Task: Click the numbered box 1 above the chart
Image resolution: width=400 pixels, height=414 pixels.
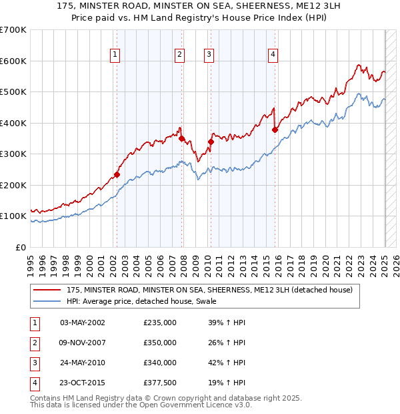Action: click(x=115, y=55)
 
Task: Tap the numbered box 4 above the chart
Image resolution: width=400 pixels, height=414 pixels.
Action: click(x=273, y=55)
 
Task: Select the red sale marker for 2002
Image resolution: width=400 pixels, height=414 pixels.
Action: click(x=117, y=174)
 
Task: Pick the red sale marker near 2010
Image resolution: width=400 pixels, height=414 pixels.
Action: click(x=211, y=142)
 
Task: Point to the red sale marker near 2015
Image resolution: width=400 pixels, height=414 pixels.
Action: click(x=275, y=130)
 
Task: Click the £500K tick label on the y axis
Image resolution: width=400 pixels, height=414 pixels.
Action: click(x=13, y=91)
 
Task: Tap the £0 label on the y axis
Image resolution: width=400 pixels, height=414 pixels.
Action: click(x=21, y=247)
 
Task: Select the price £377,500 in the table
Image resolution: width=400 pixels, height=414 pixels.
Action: click(x=160, y=383)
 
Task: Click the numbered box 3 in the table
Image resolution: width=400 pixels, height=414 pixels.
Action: click(x=34, y=363)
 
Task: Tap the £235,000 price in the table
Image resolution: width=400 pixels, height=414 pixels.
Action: click(x=160, y=323)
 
